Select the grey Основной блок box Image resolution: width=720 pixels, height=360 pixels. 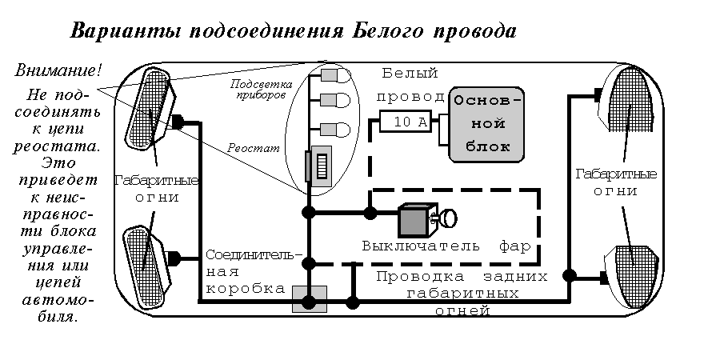point(488,124)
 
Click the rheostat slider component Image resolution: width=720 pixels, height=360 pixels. point(322,167)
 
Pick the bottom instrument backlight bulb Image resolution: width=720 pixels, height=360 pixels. point(336,129)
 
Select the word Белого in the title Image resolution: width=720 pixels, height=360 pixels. point(390,33)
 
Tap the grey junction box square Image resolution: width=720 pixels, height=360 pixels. point(309,299)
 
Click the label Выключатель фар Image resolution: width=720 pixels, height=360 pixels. point(446,246)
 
